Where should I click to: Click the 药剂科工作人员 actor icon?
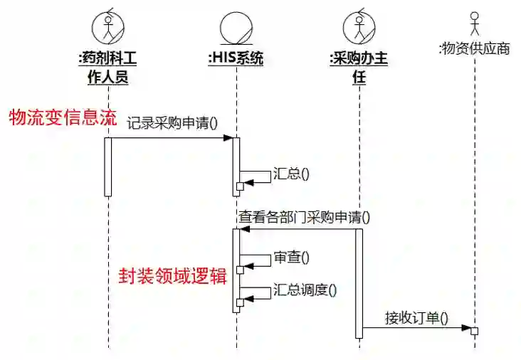click(x=107, y=28)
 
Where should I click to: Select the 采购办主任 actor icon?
click(x=359, y=28)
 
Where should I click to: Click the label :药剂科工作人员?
click(x=107, y=68)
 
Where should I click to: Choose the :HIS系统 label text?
click(x=235, y=59)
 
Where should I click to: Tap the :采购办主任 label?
click(x=359, y=68)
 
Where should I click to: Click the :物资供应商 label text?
click(x=474, y=49)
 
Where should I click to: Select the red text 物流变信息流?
click(x=62, y=117)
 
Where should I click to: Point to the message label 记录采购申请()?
click(x=172, y=123)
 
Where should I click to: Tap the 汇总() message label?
click(x=290, y=172)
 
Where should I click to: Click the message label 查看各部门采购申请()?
click(x=304, y=216)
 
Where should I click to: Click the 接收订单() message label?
click(x=416, y=317)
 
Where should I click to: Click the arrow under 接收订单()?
click(x=416, y=329)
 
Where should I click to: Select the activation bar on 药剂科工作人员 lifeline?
click(x=108, y=166)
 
